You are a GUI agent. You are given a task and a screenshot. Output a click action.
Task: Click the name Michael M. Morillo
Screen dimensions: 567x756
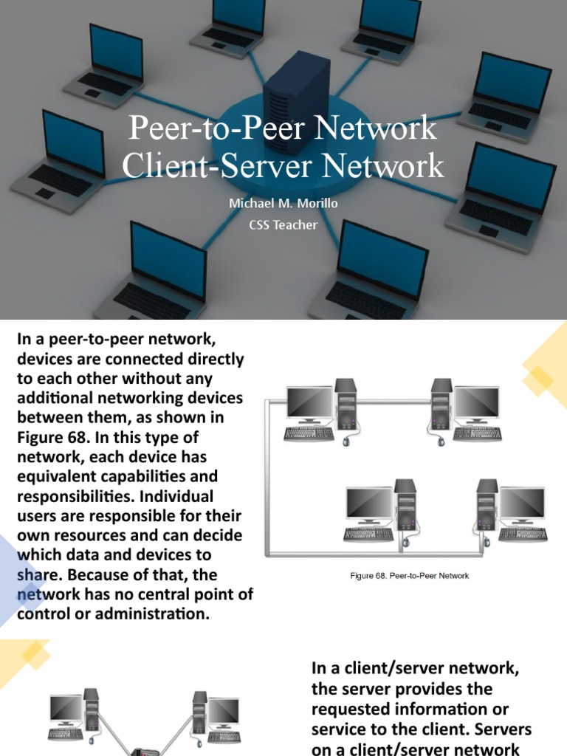tap(283, 203)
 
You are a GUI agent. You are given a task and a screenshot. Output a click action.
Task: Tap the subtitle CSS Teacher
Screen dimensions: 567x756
tap(283, 224)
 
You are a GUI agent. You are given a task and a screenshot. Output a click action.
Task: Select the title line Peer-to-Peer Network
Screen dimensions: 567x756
tap(283, 128)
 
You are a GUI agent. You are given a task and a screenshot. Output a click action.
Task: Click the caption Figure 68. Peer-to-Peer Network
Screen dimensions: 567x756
tap(410, 575)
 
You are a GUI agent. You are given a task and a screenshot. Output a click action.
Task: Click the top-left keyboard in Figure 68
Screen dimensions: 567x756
tap(308, 433)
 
